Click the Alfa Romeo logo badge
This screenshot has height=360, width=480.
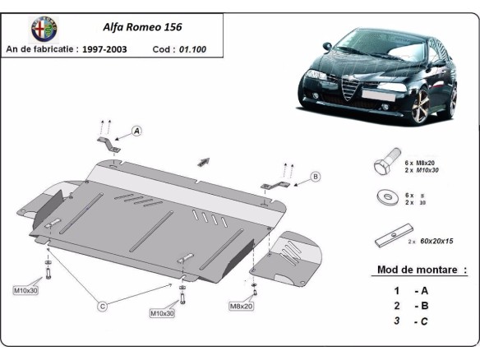pos(44,29)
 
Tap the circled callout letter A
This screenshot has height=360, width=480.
pos(136,131)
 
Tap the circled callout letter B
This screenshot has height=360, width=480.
pos(315,176)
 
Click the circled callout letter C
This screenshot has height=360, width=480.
pos(102,307)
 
